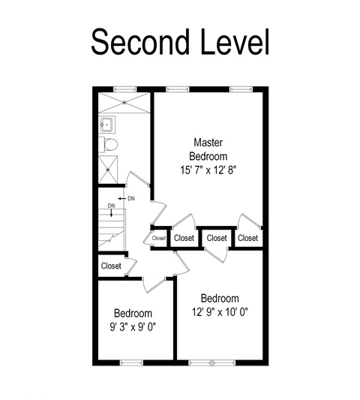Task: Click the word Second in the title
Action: coord(140,41)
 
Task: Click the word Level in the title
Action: coord(235,41)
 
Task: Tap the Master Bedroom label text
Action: coord(208,149)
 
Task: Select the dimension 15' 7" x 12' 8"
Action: coord(208,170)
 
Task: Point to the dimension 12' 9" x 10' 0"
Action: coord(220,311)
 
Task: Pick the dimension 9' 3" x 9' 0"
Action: coord(133,326)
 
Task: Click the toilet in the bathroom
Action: coord(108,145)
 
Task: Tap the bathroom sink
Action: coord(107,125)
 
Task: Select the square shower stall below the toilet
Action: coord(108,170)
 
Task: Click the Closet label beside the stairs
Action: coord(111,266)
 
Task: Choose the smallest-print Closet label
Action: coord(159,238)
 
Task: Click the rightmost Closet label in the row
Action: coord(247,238)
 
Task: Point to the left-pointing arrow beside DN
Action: coord(121,198)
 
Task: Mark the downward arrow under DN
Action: coord(111,213)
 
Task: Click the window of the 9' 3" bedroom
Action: coord(131,362)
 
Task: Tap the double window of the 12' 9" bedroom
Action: coord(212,362)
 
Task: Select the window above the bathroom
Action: coord(125,89)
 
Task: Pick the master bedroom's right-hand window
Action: coord(241,89)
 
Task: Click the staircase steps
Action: coord(112,228)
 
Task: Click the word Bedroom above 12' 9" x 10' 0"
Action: coord(220,298)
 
